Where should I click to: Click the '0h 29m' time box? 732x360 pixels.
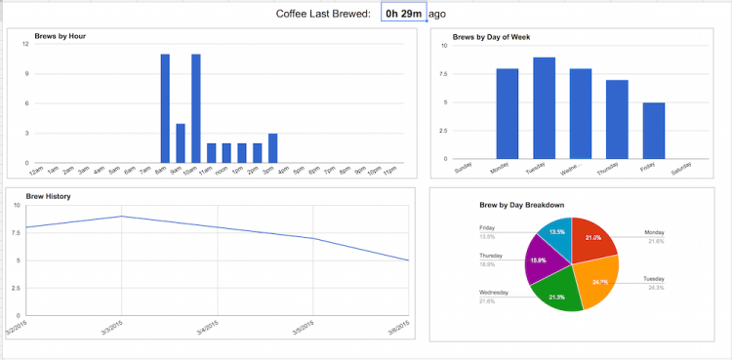coord(403,14)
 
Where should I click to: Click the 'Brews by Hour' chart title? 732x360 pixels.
coord(60,36)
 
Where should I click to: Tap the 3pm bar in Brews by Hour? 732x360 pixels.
coord(272,148)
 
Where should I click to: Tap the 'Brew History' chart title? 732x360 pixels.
coord(48,196)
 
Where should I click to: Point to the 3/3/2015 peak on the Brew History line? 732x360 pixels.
coord(121,217)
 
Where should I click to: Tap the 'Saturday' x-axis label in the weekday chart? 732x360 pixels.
coord(682,169)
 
